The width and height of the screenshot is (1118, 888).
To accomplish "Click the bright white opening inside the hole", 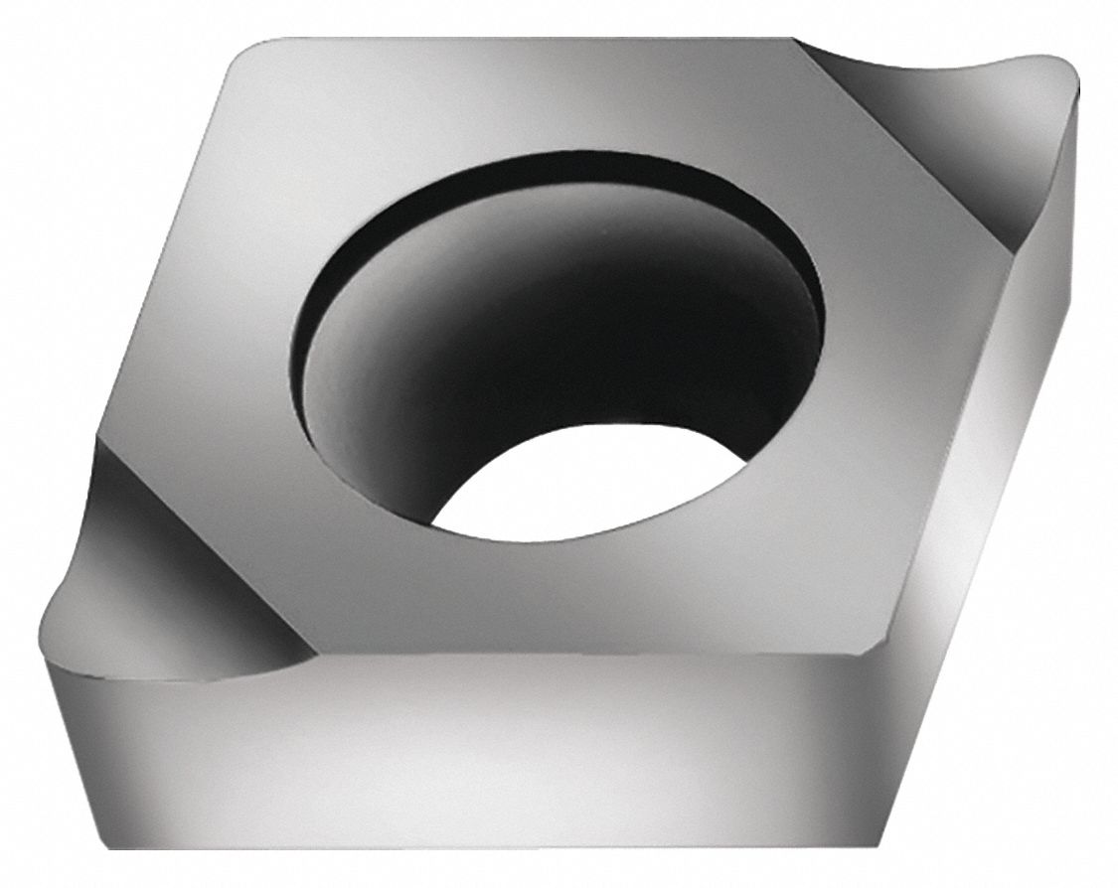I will (x=596, y=487).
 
